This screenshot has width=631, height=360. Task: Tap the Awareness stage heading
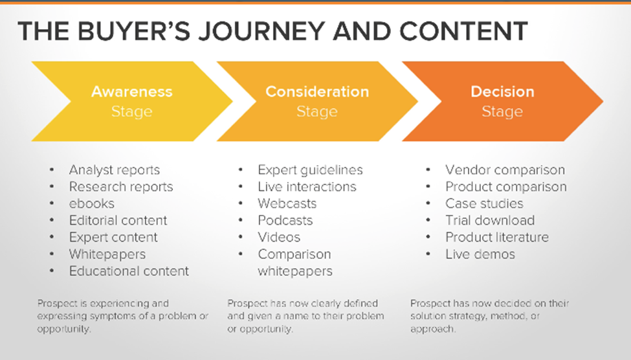coord(132,91)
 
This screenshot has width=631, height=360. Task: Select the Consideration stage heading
coord(317,91)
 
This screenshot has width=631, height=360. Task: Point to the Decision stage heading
coord(502,91)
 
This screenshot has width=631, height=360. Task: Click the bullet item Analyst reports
coord(114,170)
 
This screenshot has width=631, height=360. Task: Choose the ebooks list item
coord(91,203)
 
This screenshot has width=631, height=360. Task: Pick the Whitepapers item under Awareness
coord(107,254)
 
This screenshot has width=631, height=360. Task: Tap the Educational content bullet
coord(129,271)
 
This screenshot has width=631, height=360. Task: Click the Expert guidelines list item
coord(310,170)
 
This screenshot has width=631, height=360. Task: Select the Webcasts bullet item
coord(287,203)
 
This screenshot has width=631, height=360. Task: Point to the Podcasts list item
coord(285,220)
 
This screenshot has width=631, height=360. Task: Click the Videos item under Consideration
coord(279,237)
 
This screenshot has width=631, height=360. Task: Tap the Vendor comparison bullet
coord(505,170)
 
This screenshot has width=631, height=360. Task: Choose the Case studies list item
coord(484,203)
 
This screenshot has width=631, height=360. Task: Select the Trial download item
coord(490,220)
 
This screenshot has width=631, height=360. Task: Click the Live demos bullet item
coord(480,254)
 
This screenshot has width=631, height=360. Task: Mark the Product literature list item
coord(497,237)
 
